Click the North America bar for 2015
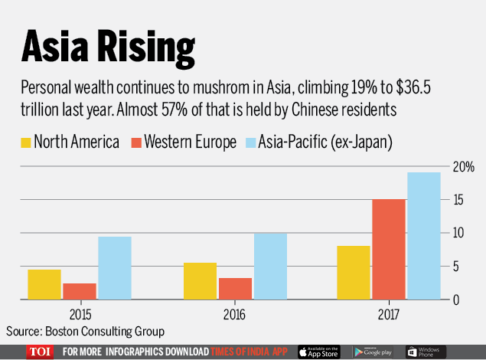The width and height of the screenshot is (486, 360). point(44,284)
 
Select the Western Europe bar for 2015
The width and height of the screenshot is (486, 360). point(80,291)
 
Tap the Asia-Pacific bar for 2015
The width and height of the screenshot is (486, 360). point(115,268)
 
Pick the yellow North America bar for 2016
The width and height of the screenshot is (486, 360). point(200,281)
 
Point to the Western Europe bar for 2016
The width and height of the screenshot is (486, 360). point(235,288)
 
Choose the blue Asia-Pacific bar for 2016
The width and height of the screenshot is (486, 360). point(270,266)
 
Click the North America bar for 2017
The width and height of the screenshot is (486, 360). point(354,272)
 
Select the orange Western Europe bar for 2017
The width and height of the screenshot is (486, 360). point(389,249)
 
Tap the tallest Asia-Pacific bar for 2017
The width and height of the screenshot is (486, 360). point(423,235)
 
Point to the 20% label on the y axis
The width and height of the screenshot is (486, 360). point(463,166)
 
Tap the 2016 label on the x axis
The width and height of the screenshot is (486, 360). point(235,313)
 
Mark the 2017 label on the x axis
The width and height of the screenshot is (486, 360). point(389,313)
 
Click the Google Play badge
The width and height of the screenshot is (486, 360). point(373,352)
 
